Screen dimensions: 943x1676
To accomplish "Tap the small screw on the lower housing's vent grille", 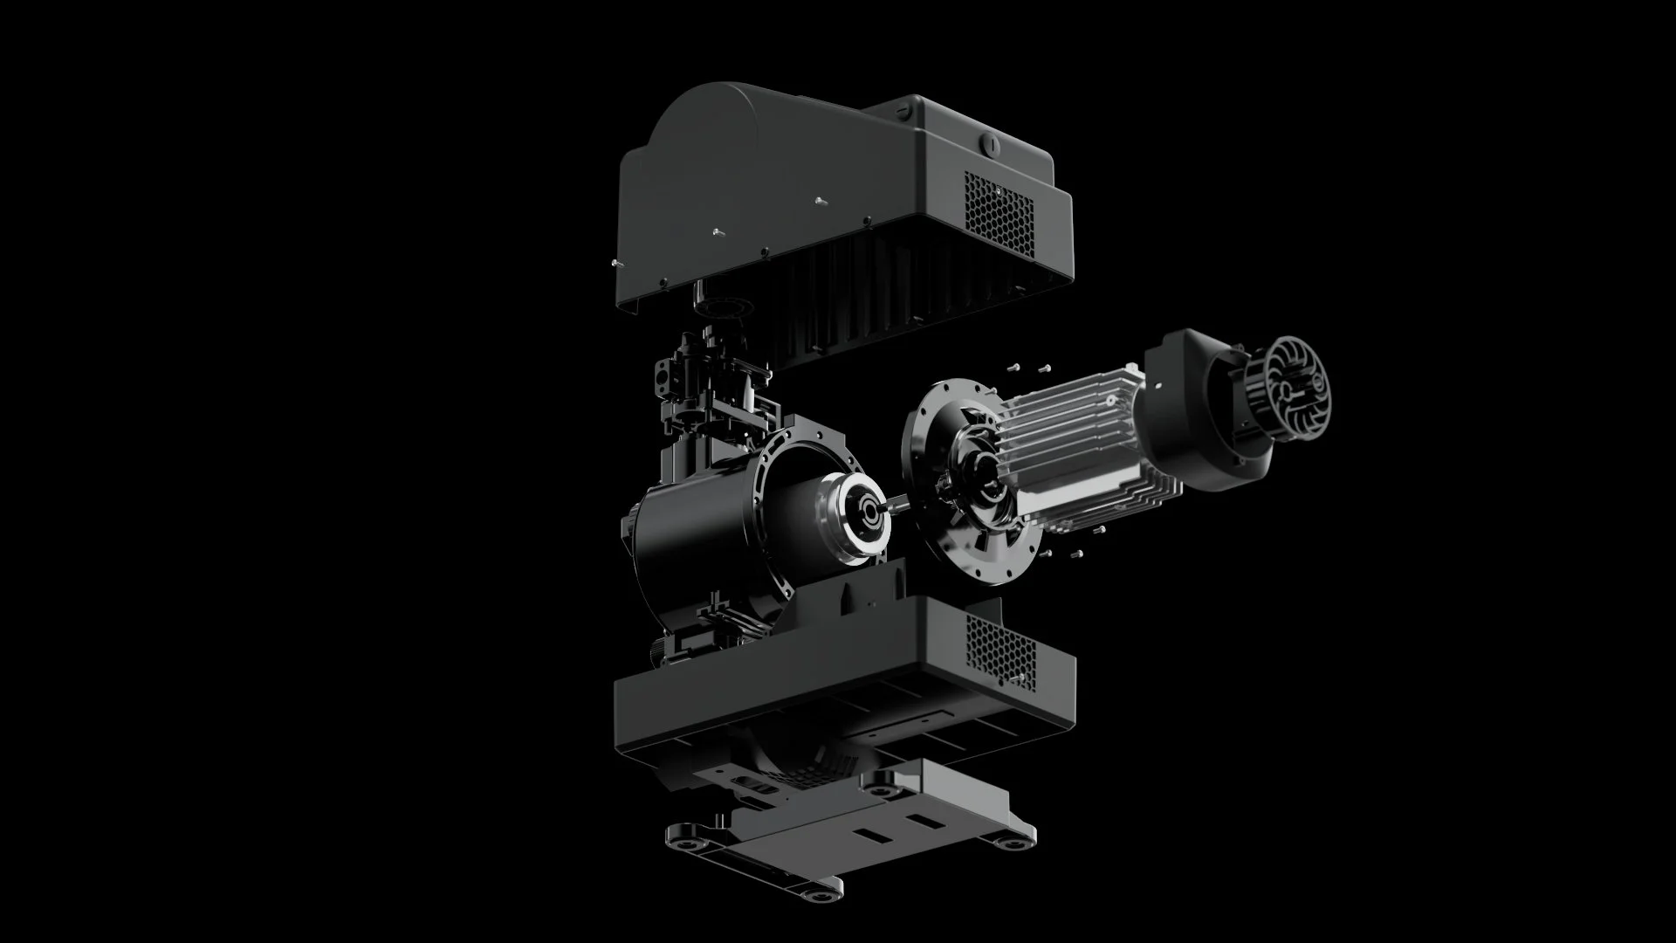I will (x=1016, y=676).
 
